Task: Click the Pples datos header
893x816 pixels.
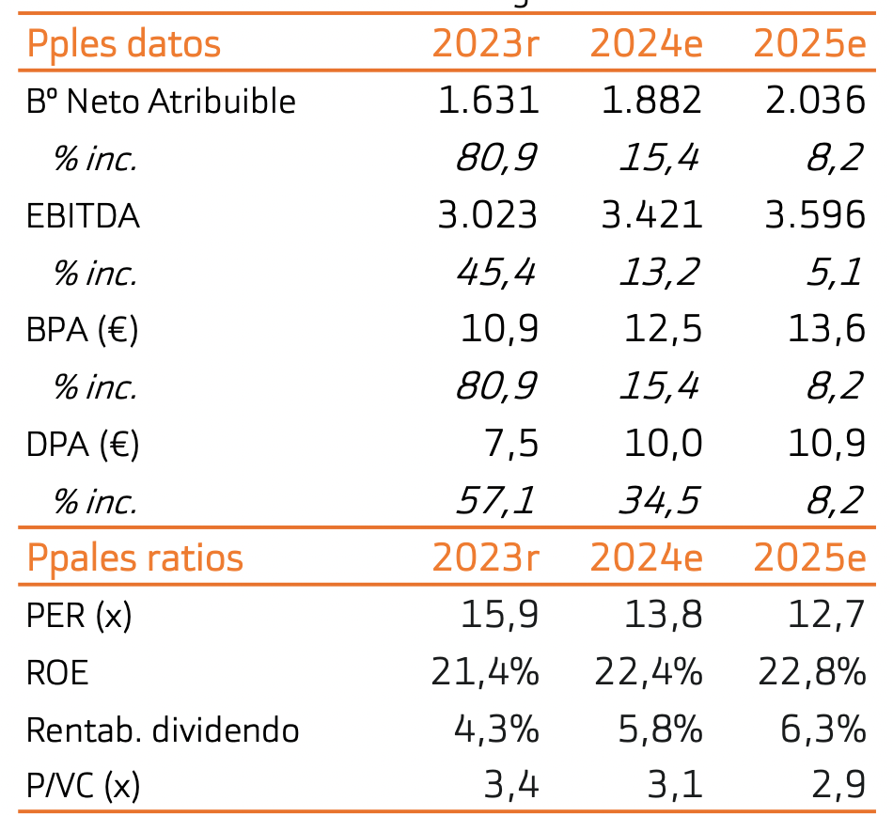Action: point(124,44)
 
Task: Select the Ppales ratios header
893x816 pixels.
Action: point(135,557)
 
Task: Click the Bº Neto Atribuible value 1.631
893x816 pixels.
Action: point(488,101)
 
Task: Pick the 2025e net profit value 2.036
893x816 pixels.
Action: point(815,101)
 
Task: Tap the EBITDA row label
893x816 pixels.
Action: point(83,216)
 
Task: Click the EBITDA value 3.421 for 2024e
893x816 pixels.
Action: point(651,215)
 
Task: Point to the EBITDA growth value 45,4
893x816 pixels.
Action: point(495,274)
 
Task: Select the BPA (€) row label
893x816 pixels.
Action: point(83,330)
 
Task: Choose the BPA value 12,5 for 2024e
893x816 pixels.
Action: point(664,330)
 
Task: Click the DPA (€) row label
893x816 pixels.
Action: point(83,444)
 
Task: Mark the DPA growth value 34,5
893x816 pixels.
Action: point(659,501)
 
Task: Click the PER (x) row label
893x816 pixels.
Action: point(80,616)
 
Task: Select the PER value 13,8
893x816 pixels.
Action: point(664,616)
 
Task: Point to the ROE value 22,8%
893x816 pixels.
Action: point(811,672)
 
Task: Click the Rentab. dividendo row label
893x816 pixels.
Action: point(163,730)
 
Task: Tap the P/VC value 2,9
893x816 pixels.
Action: point(838,786)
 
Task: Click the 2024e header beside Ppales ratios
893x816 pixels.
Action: point(646,557)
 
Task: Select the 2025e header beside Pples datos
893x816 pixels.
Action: point(809,44)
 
